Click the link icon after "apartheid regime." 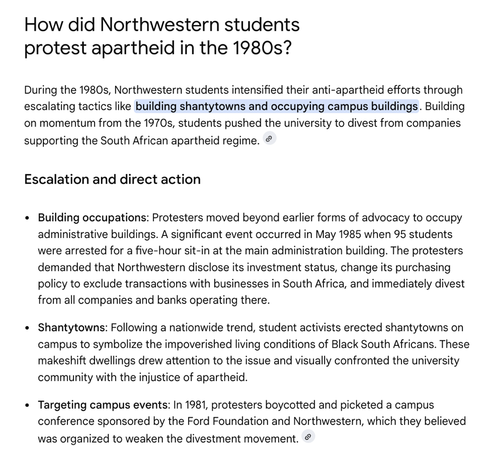(x=270, y=139)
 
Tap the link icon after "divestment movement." (x=309, y=437)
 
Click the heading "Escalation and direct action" (x=112, y=180)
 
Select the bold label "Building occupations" (x=92, y=218)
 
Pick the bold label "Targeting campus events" (x=103, y=405)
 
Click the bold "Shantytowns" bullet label (x=71, y=328)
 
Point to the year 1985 (x=351, y=235)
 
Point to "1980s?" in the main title (x=262, y=48)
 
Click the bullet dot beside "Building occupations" (x=28, y=218)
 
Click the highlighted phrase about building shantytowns (x=276, y=107)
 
